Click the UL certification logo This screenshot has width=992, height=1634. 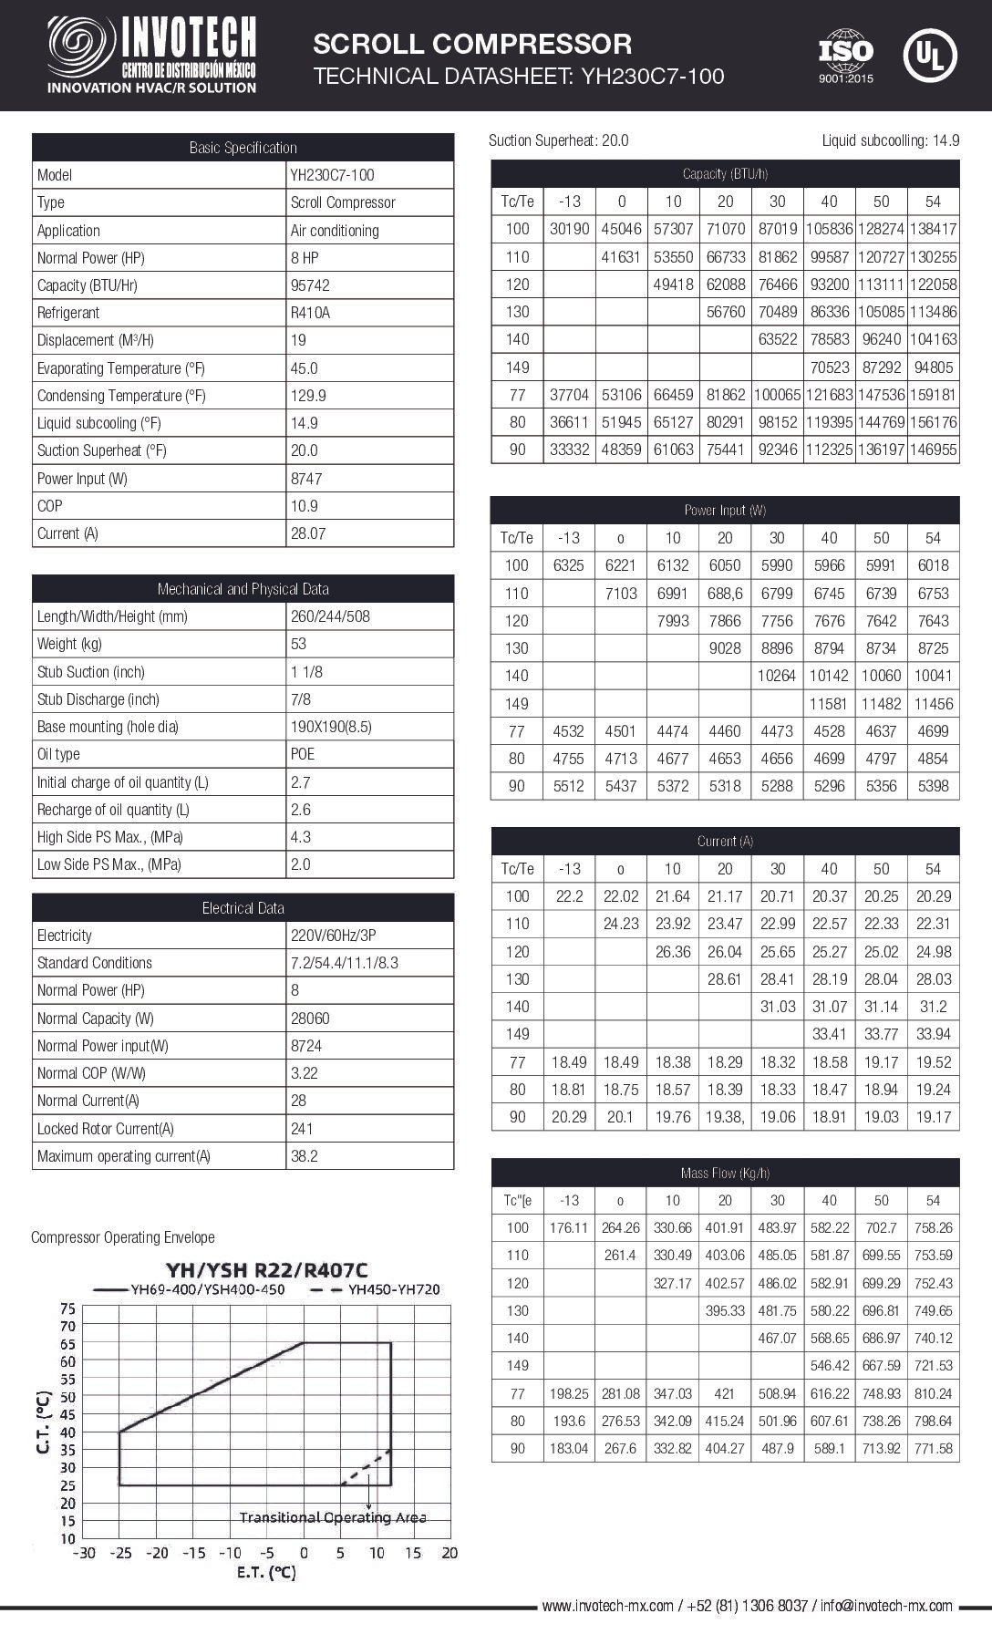[929, 55]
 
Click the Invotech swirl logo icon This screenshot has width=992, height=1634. [81, 48]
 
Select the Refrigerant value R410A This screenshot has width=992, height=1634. [310, 313]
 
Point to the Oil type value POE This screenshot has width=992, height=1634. [303, 754]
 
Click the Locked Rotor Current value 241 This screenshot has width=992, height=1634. [302, 1129]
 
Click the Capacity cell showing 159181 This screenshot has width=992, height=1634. [933, 396]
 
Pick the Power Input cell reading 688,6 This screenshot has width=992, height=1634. [725, 594]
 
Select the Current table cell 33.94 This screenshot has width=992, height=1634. [933, 1034]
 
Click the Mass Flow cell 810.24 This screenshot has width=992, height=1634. [933, 1393]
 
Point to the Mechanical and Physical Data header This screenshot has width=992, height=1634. [243, 589]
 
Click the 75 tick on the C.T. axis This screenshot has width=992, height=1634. [67, 1308]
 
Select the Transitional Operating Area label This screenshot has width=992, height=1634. [333, 1517]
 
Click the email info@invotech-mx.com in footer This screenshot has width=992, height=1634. [885, 1606]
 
